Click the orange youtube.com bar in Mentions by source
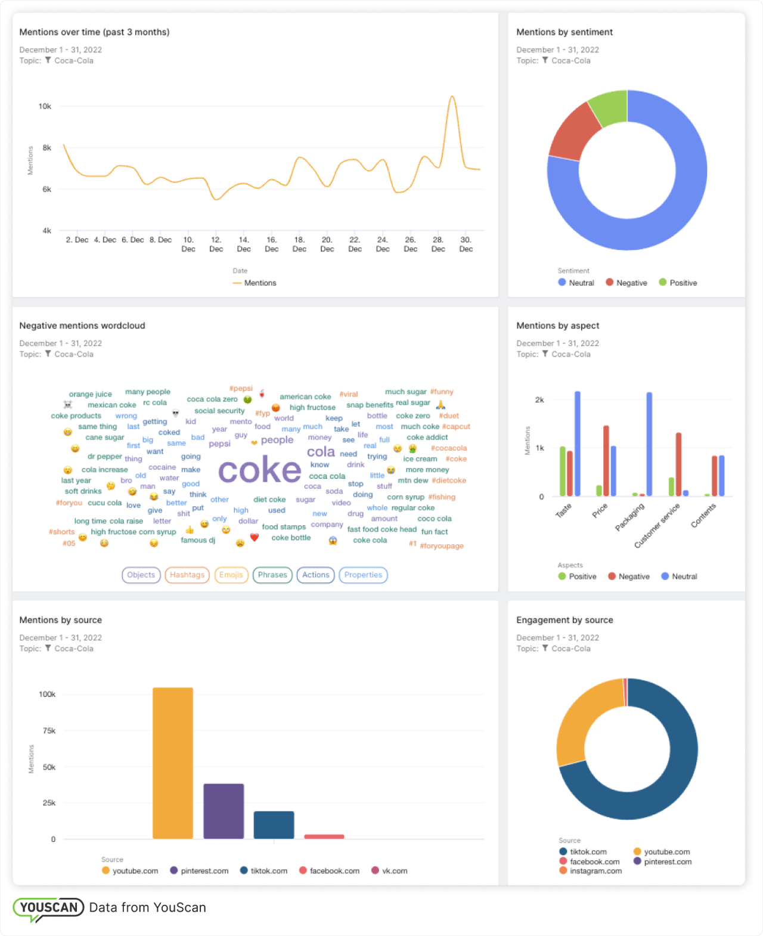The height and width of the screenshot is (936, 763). coord(173,763)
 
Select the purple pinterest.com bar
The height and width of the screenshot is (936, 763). coord(224,811)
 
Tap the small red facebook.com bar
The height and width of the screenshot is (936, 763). coord(324,836)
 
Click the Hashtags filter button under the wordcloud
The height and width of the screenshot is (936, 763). coord(187,575)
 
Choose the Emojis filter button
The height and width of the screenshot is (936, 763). coord(231,575)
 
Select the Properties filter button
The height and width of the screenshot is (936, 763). coord(363,575)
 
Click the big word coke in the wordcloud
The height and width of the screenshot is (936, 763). coord(260,471)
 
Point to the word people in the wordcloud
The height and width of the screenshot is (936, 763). coord(277,440)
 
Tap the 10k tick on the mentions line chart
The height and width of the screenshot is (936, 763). coord(45,106)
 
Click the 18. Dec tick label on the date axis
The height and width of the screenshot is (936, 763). coord(299,244)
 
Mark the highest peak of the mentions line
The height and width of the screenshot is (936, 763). coord(453,97)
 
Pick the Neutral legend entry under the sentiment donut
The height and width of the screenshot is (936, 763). coord(576,283)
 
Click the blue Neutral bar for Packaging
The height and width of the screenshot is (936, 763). coord(649,444)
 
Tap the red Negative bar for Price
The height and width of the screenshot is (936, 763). coord(606,461)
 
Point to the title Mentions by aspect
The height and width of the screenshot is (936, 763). coord(557,326)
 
